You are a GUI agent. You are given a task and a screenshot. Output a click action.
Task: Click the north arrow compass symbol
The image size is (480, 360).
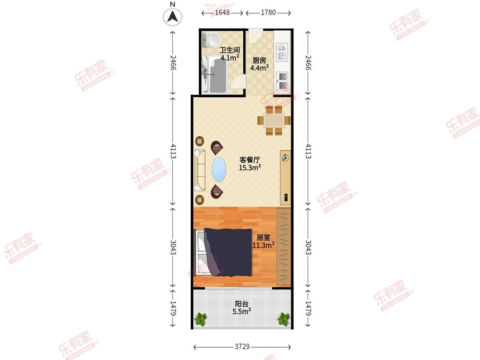[173, 17]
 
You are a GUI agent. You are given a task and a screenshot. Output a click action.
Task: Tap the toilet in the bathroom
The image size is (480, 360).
[212, 40]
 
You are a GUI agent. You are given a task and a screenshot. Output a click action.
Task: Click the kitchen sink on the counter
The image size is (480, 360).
[282, 52]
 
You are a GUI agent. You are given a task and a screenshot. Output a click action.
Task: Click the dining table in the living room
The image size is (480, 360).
[274, 120]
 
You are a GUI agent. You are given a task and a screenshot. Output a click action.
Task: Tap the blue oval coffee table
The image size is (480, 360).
[219, 169]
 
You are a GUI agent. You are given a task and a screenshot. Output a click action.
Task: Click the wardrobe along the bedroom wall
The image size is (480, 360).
[283, 247]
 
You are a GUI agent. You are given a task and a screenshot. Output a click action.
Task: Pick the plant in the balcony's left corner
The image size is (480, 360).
[201, 319]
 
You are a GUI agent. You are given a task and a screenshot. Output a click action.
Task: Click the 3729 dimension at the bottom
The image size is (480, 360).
[242, 346]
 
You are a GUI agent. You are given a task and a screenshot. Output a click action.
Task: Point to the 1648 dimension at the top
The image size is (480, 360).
[222, 12]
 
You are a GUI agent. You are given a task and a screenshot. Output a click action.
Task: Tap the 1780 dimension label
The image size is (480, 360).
[268, 12]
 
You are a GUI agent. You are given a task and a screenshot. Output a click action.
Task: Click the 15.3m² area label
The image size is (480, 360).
[250, 168]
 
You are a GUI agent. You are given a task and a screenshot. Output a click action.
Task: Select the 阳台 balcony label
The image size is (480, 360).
[241, 304]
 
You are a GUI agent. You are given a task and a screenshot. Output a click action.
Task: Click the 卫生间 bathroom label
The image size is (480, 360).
[230, 50]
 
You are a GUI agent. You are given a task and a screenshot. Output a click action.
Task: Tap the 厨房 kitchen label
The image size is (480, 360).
[259, 61]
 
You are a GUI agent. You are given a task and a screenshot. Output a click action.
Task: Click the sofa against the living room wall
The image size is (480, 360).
[200, 170]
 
